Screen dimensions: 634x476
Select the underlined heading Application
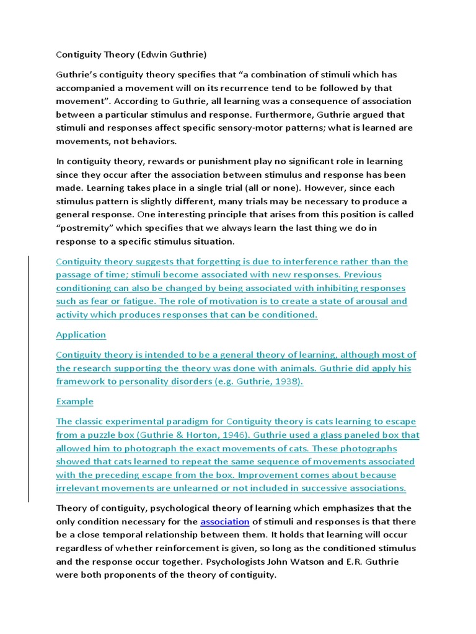(x=81, y=334)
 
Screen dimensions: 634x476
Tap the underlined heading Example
(x=74, y=401)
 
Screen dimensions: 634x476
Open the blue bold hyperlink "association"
(x=225, y=521)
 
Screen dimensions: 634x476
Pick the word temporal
(x=140, y=535)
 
